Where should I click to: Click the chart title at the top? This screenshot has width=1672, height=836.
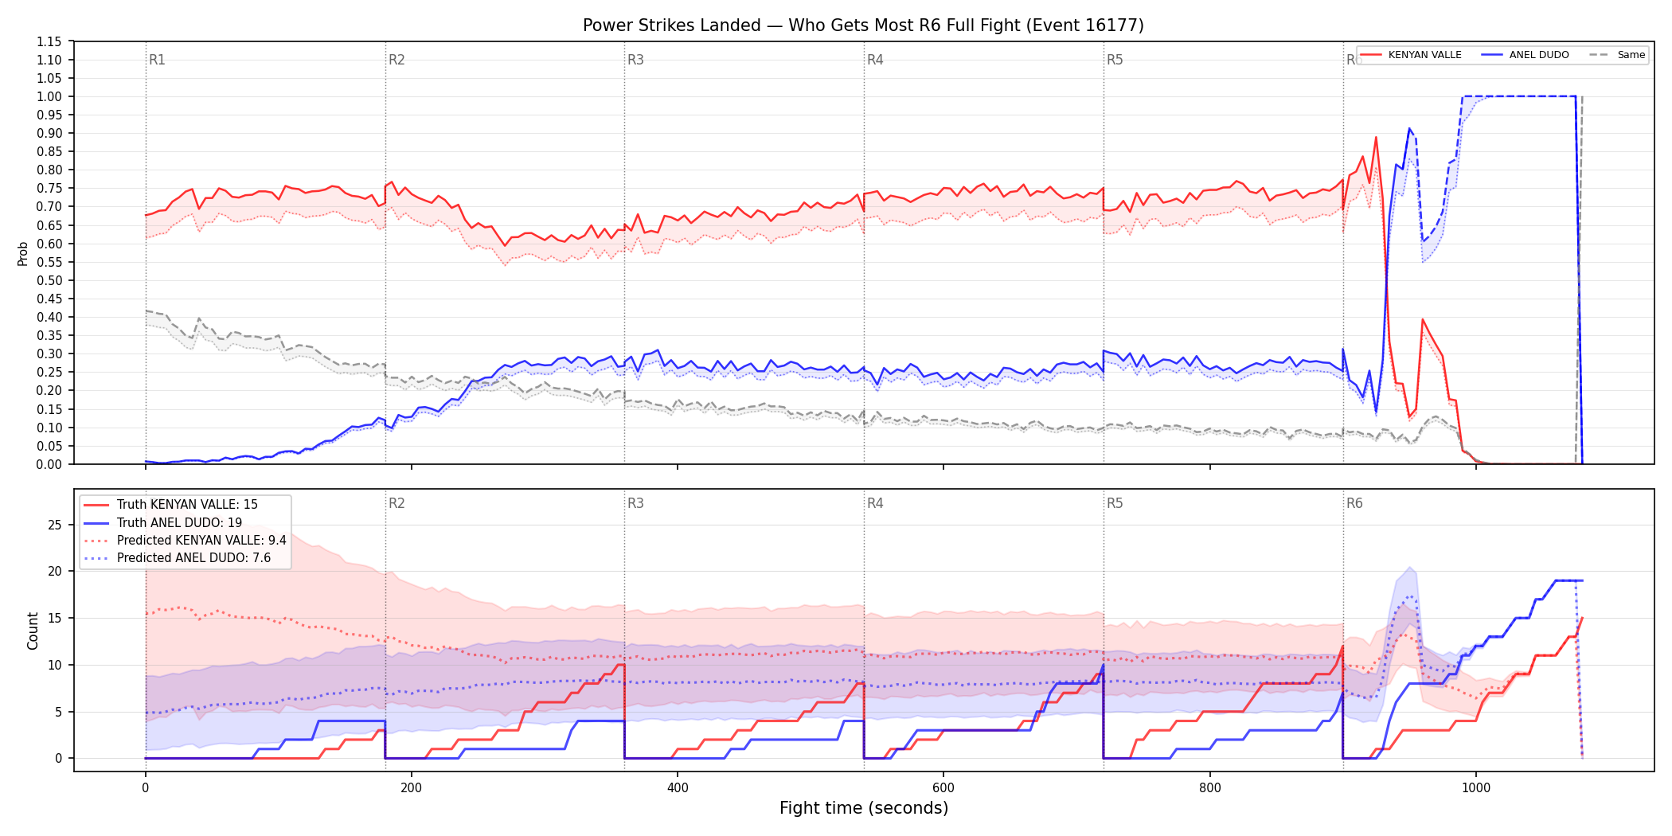coord(863,25)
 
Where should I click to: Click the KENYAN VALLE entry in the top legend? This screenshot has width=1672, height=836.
coord(1410,55)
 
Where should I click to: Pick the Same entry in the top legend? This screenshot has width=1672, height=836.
coord(1617,55)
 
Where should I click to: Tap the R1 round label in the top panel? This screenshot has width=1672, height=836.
coord(157,60)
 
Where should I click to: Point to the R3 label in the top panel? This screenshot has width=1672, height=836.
coord(635,60)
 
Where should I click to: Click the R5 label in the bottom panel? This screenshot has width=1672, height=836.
coord(1115,503)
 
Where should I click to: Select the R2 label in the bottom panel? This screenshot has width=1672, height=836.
coord(397,503)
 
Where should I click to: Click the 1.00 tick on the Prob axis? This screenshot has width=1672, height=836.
coord(49,96)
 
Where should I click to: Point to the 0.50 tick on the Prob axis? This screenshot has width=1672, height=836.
coord(49,280)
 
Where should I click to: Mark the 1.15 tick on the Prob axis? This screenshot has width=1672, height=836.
coord(49,41)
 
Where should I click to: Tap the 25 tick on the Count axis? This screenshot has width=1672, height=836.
coord(54,525)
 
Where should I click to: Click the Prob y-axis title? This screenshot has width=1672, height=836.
coord(23,253)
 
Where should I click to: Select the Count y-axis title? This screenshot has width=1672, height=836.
coord(33,631)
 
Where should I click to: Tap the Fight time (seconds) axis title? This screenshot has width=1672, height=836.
coord(864,808)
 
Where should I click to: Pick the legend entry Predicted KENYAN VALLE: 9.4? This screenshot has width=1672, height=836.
coord(186,540)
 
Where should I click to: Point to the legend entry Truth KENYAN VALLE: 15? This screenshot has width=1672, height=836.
coord(171,504)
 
